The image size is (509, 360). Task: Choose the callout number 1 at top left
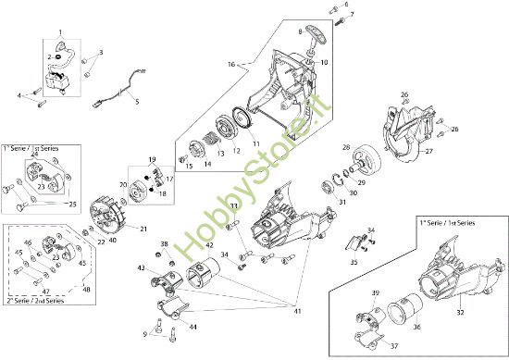tap(60, 31)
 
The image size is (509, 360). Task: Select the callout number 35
tap(354, 262)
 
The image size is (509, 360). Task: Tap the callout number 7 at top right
tap(351, 16)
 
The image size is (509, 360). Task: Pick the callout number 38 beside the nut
tap(164, 244)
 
